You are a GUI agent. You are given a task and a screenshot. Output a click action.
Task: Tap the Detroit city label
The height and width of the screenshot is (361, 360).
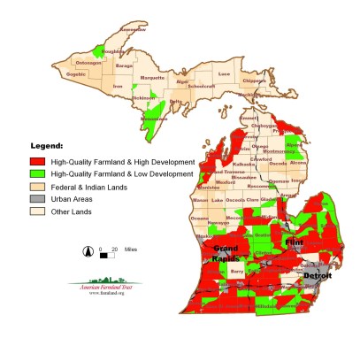tap(317, 276)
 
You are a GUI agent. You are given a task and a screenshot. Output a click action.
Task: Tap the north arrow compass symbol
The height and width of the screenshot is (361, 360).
tap(87, 251)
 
